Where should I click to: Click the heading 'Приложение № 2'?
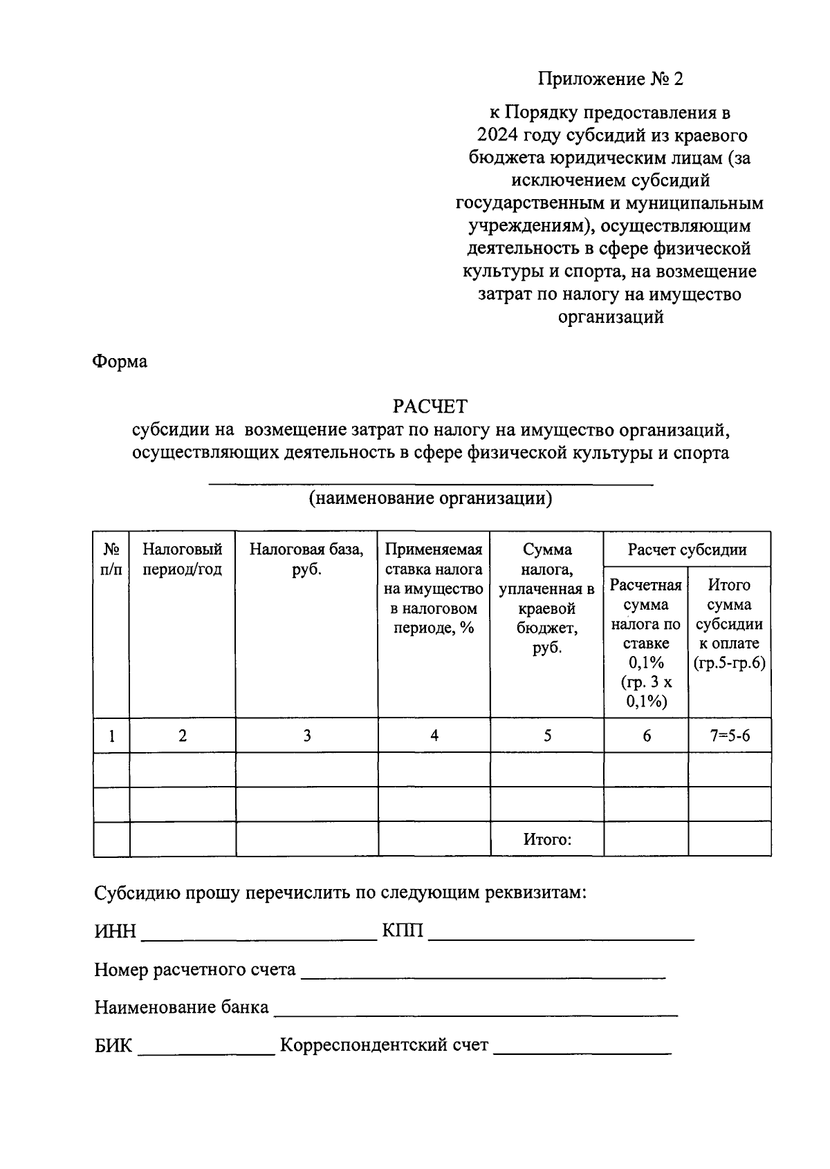point(610,79)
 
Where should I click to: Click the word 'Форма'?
point(120,362)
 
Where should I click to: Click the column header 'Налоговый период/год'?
point(182,560)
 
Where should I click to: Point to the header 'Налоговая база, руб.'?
point(306,560)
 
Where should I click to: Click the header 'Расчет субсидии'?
point(687,550)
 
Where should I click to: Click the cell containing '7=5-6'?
point(729,736)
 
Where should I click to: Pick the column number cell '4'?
point(434,736)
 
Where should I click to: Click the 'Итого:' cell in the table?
point(546,840)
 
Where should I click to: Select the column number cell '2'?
point(182,736)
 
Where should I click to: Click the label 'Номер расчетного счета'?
point(195,970)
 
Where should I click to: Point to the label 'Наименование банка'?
point(181,1007)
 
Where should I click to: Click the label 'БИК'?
point(113,1045)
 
